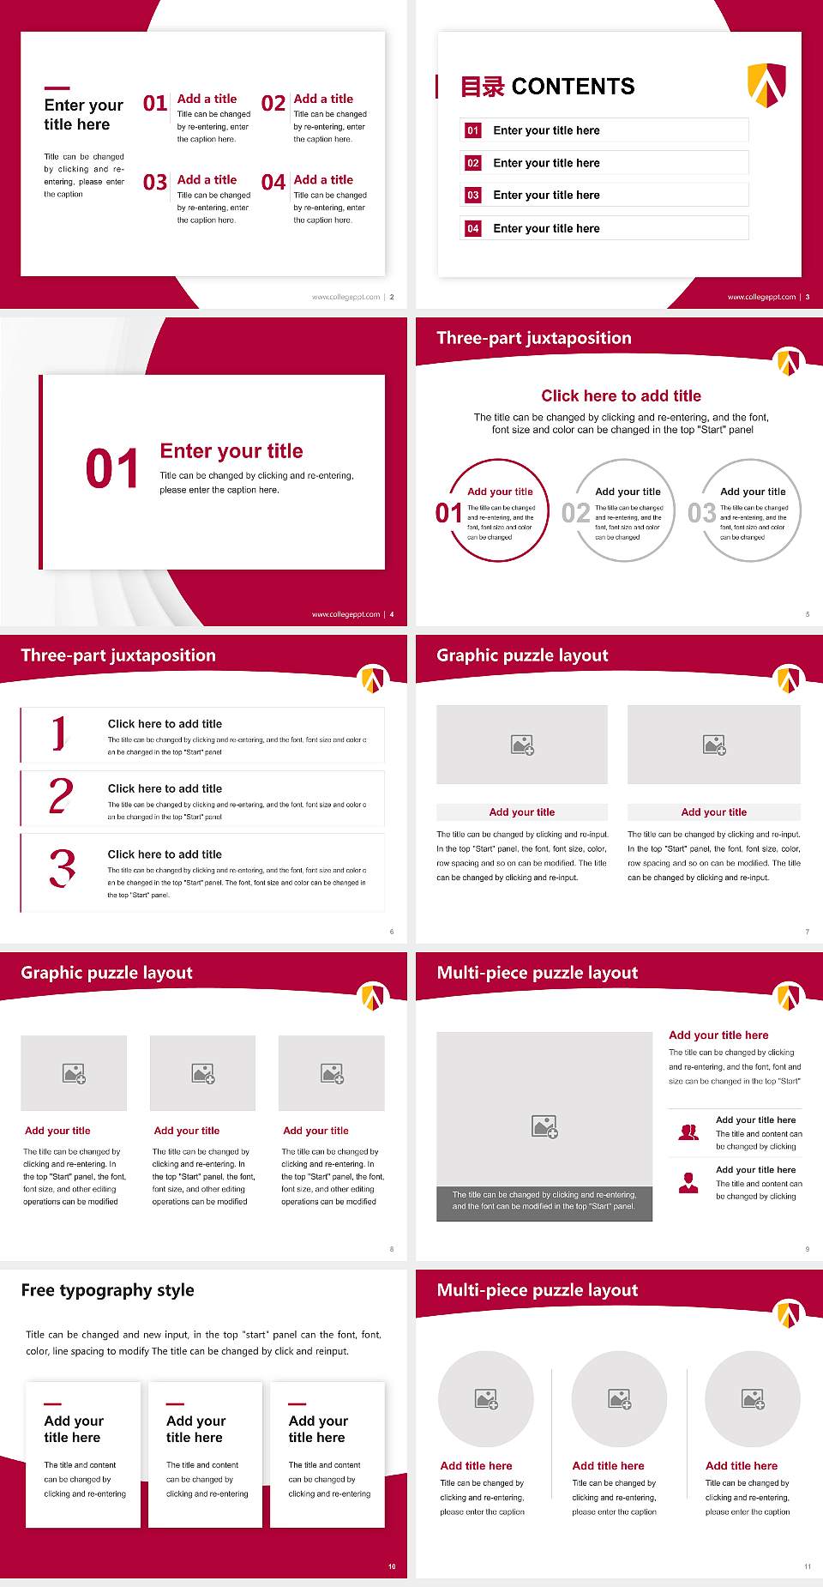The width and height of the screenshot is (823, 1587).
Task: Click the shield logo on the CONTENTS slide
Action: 766,85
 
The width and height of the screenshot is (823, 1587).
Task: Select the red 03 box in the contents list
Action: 473,196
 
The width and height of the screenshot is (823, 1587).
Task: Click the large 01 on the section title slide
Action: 111,469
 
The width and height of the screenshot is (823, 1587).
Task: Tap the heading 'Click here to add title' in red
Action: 621,395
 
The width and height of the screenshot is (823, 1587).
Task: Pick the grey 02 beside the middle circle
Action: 575,513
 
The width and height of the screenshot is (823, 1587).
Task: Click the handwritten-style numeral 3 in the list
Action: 62,868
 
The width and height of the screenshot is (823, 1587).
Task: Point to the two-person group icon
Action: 688,1132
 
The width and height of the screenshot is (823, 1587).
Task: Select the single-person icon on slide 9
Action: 688,1183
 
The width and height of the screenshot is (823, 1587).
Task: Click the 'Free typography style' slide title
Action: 107,1290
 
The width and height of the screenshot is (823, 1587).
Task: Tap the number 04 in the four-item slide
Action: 273,183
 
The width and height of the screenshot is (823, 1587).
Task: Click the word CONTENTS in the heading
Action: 573,87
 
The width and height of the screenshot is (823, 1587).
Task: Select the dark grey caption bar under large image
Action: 544,1200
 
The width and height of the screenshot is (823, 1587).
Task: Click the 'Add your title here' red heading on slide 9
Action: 718,1035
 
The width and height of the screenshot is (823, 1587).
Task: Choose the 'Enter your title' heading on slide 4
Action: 231,451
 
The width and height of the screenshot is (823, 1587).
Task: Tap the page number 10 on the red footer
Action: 392,1566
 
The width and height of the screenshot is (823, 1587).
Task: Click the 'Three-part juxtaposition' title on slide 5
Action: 533,338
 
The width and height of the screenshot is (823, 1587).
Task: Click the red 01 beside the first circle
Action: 448,513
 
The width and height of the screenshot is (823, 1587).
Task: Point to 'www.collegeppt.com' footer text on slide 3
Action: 761,297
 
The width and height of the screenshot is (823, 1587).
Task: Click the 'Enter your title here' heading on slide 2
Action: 83,114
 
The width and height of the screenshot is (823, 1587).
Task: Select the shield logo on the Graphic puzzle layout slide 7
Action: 789,679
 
